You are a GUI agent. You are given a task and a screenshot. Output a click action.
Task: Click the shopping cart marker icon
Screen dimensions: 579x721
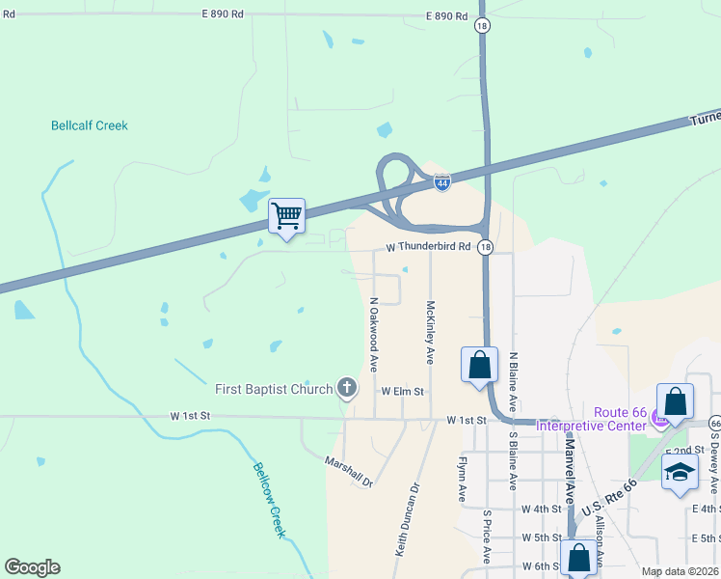(286, 215)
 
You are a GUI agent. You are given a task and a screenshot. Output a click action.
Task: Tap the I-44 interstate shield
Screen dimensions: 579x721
(441, 182)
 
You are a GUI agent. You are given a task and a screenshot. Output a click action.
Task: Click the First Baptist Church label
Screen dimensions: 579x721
(274, 388)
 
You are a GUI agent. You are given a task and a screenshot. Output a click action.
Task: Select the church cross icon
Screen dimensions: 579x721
(347, 389)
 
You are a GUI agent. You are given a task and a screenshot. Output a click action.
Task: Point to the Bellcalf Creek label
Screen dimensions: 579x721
(89, 125)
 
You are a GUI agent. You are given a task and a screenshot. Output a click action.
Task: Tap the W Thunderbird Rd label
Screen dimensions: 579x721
(428, 247)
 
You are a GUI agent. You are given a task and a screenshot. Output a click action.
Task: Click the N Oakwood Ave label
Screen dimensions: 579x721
(373, 335)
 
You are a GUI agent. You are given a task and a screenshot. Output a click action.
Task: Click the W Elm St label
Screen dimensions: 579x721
(402, 392)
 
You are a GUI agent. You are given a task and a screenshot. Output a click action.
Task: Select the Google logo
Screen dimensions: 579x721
(32, 567)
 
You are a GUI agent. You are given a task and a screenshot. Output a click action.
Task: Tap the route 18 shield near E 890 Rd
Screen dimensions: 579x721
(481, 27)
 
